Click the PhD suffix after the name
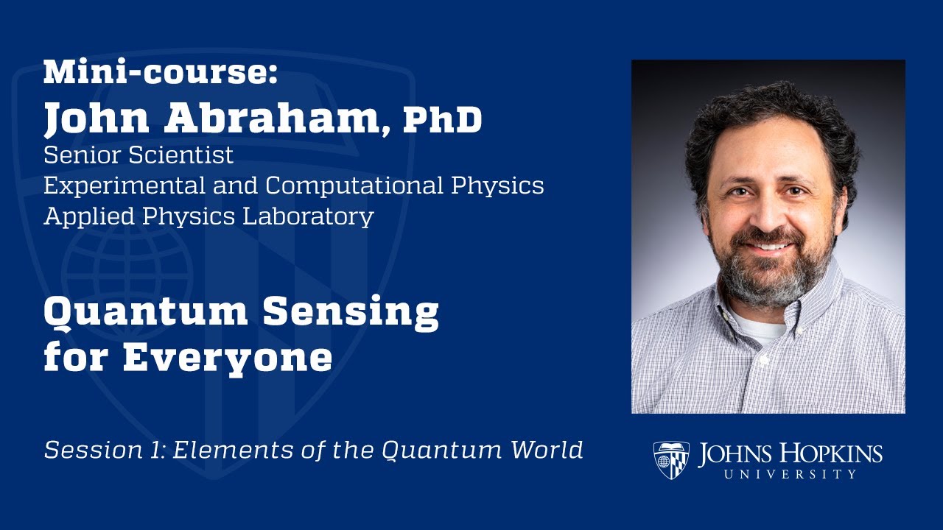(442, 119)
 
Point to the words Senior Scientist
(139, 155)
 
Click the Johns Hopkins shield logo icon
(671, 460)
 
